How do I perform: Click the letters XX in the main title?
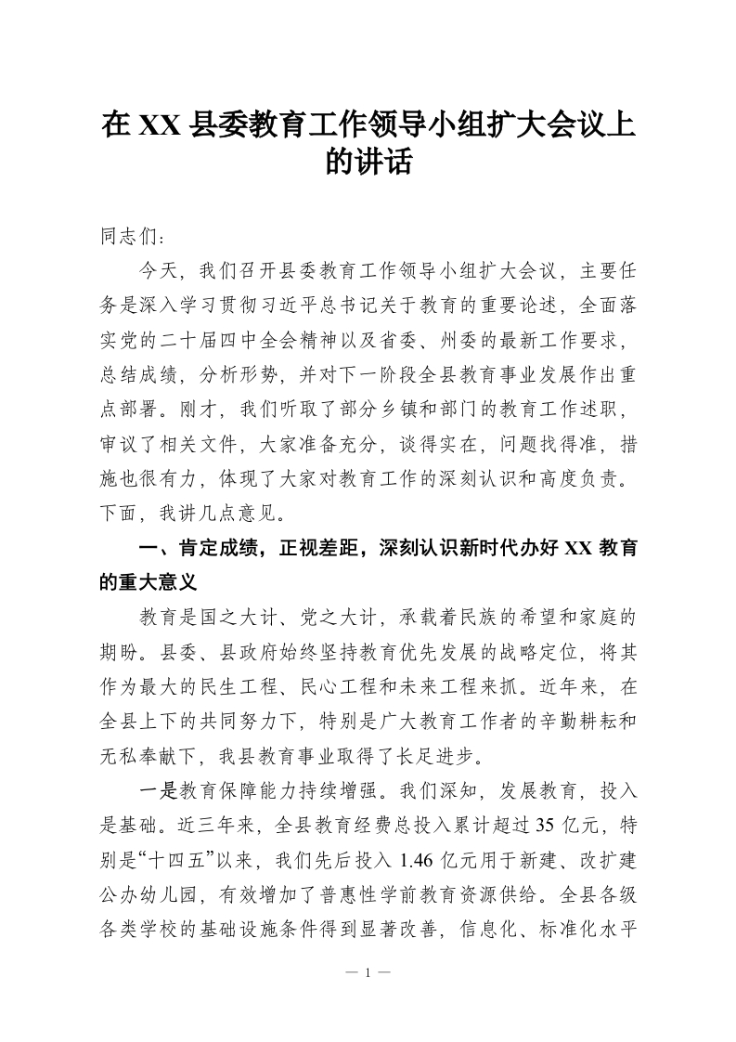(x=160, y=124)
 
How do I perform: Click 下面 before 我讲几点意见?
(x=118, y=512)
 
